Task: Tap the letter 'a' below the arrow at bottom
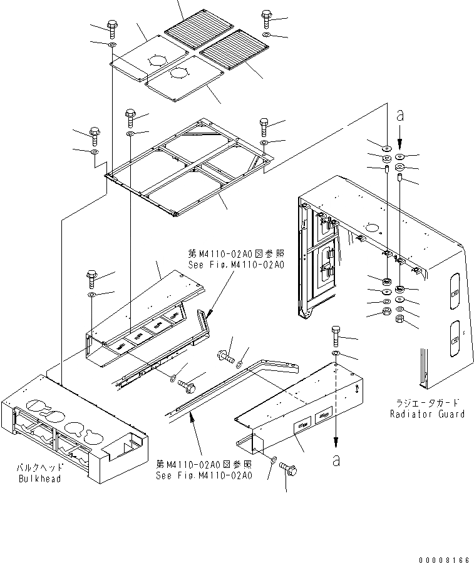337,460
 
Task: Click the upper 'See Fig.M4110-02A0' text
235,265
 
